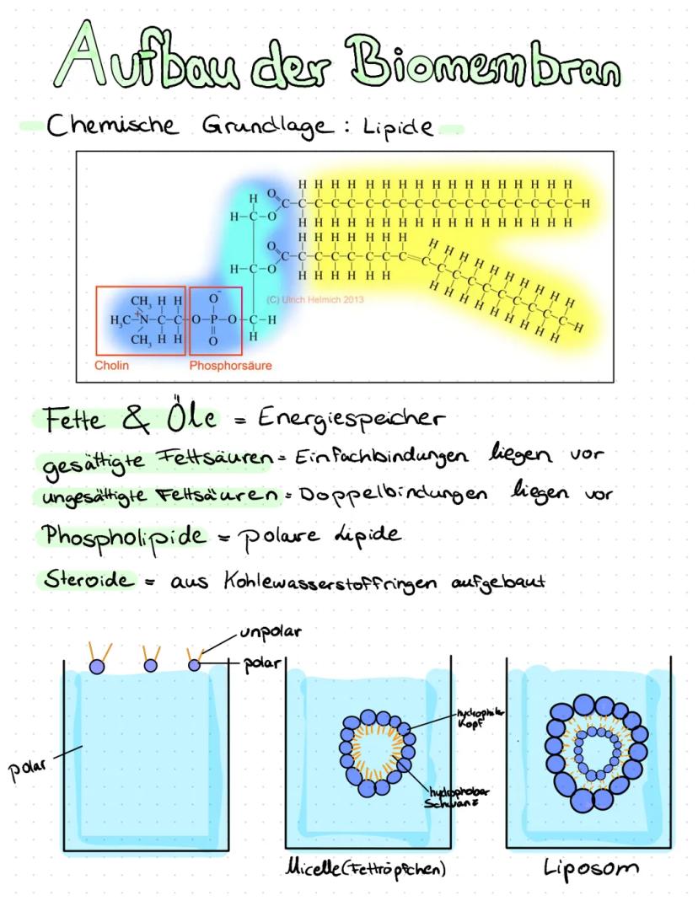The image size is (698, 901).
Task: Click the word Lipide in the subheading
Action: point(400,129)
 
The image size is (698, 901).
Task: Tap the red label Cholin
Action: point(112,366)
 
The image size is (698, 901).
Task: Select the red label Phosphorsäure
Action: point(225,366)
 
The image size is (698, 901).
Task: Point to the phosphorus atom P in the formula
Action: point(213,320)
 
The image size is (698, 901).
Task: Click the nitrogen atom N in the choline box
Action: point(143,320)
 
